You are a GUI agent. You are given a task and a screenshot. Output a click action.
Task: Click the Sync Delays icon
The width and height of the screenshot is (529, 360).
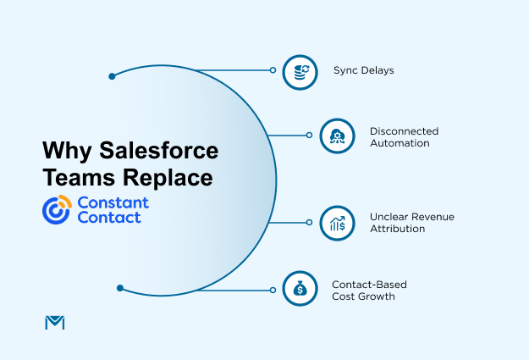pos(300,71)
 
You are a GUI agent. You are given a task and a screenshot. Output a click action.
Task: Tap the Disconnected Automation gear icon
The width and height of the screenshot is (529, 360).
pos(337,136)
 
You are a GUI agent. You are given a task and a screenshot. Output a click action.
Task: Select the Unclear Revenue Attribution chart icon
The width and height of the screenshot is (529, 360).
pos(337,223)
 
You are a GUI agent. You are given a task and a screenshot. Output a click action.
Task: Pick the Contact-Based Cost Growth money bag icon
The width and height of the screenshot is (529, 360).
pos(300,289)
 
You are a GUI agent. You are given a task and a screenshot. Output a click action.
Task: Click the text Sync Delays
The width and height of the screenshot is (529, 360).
pos(363,71)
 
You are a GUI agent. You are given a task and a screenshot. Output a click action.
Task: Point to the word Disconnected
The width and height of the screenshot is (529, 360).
pos(404,131)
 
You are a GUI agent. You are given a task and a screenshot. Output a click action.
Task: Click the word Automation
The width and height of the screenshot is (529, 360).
pos(400,143)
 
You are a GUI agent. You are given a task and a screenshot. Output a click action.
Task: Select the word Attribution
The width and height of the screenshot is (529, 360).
pos(397,229)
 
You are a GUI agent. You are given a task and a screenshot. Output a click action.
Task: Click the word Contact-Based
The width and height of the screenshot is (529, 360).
pos(369,284)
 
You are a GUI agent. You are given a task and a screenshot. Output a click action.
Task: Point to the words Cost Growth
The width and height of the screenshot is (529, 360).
pos(364,296)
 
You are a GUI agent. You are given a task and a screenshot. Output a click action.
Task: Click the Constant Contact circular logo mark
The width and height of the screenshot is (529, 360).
pos(57,209)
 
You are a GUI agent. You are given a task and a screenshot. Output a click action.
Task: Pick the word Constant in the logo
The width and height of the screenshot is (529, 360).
pos(113,202)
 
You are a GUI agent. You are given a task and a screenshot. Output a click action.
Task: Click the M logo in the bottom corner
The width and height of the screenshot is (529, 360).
pos(53,322)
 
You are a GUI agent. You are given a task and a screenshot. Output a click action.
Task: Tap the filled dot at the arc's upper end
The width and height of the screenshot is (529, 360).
pos(112,76)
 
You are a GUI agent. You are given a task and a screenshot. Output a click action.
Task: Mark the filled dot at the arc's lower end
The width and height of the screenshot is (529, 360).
pos(120,288)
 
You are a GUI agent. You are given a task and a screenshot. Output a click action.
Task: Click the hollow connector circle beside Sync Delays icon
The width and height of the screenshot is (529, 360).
pos(273,70)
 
